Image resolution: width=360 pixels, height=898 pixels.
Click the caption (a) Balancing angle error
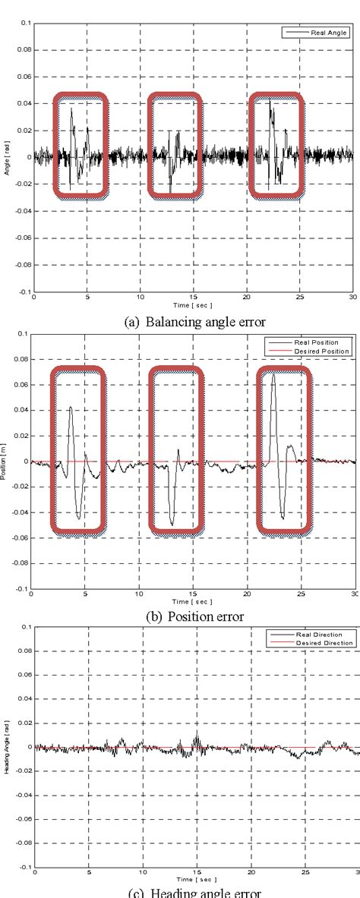point(194,321)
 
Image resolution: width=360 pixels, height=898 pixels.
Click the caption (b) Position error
point(194,616)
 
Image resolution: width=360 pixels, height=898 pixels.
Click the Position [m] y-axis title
point(7,461)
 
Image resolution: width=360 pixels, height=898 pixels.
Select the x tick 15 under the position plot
point(193,595)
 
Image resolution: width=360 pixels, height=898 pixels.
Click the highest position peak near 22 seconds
point(273,373)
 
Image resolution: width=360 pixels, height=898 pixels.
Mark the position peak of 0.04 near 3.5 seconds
point(70,408)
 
